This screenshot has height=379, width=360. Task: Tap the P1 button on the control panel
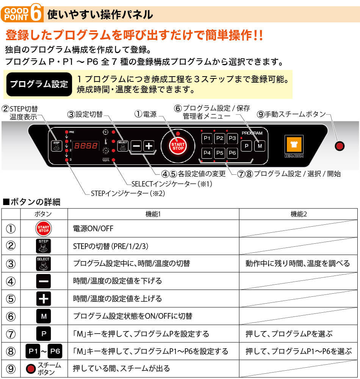click(x=207, y=138)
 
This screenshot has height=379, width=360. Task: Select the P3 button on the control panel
click(x=232, y=138)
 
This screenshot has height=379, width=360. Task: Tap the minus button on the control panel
click(x=136, y=146)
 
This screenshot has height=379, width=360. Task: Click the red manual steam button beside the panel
click(x=340, y=146)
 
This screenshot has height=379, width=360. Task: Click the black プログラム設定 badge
click(x=39, y=84)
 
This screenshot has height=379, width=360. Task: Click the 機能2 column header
click(x=299, y=214)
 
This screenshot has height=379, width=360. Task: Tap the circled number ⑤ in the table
click(x=11, y=299)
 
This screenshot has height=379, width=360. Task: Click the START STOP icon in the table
click(x=44, y=229)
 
